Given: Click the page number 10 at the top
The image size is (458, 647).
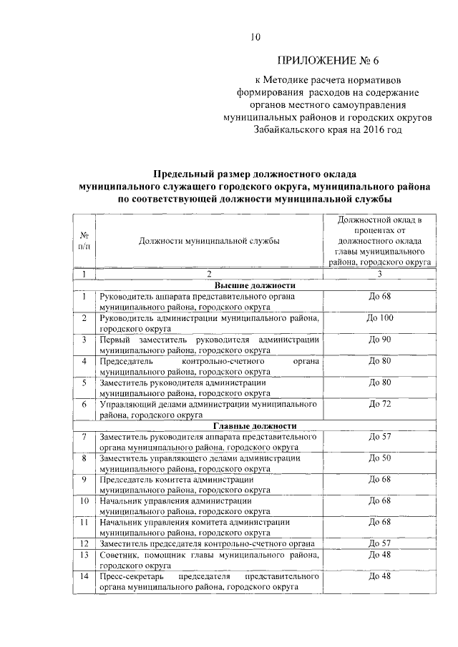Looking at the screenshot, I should click(x=255, y=37).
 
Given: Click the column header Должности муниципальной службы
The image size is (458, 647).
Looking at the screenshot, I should click(x=209, y=240).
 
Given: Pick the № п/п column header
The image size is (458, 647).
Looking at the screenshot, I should click(x=84, y=240).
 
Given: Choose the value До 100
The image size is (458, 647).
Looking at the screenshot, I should click(x=379, y=317).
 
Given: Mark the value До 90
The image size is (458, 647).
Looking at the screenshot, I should click(x=379, y=339).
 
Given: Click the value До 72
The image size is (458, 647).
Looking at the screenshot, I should click(x=379, y=405).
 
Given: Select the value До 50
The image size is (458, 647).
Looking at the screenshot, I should click(x=379, y=458).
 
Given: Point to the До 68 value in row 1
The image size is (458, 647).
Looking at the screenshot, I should click(x=379, y=295).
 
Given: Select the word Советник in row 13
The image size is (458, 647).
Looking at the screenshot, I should click(x=119, y=555).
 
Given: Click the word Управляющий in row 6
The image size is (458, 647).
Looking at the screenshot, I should click(x=127, y=405).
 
